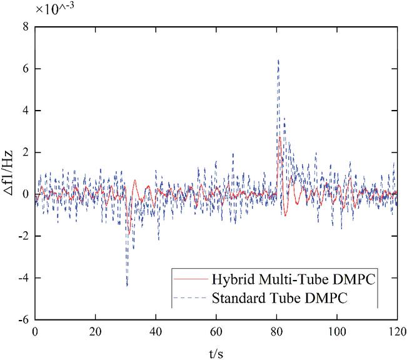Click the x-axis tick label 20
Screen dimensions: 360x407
tap(95, 332)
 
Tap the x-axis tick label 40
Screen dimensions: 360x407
tap(156, 332)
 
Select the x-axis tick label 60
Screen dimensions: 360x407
tap(216, 332)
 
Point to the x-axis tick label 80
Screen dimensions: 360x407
tap(276, 332)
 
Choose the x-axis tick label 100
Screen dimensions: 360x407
tap(336, 332)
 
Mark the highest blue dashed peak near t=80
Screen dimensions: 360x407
tap(278, 60)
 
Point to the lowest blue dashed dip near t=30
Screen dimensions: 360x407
tap(127, 286)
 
